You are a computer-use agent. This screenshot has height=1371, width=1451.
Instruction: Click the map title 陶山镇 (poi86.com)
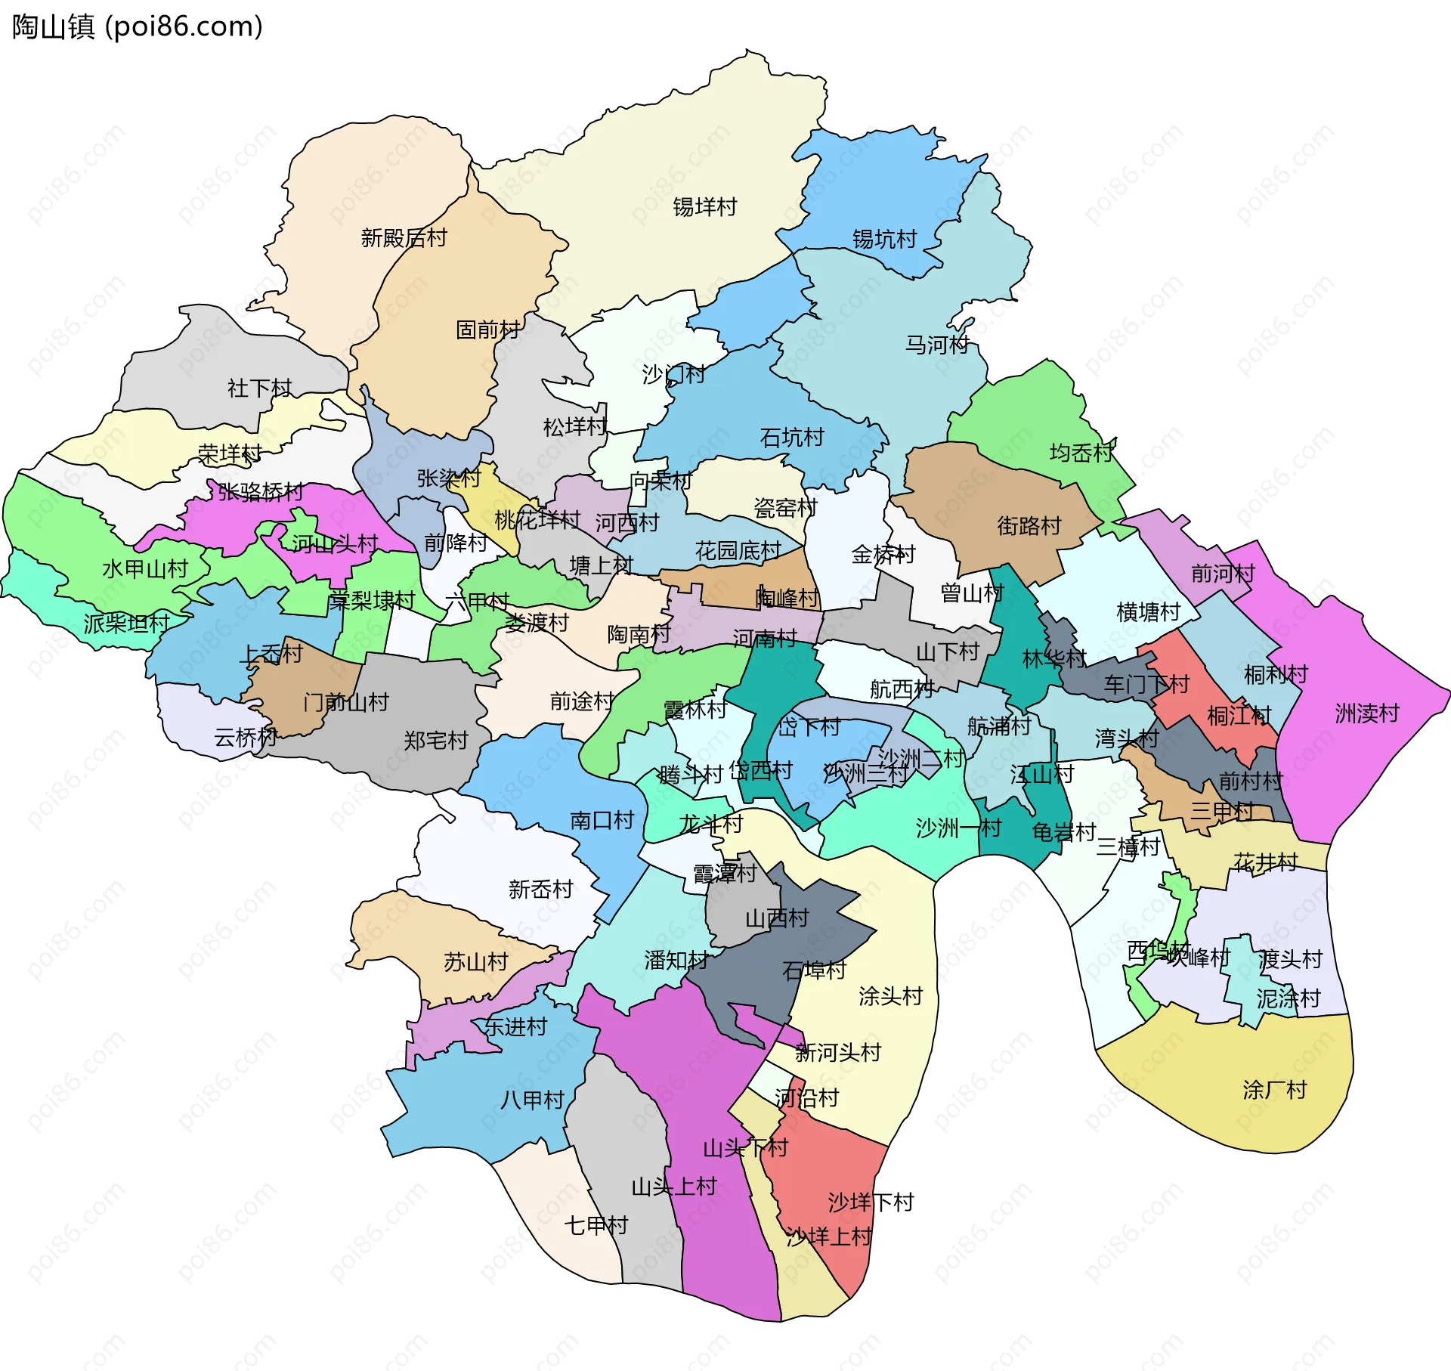138,27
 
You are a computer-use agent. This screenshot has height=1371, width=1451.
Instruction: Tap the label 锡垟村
704,206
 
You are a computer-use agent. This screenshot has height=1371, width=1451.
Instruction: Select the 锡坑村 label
884,239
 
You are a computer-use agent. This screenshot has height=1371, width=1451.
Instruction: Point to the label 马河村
937,345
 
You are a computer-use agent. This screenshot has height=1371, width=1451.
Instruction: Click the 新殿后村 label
404,238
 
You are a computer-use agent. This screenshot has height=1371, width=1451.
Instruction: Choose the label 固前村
487,330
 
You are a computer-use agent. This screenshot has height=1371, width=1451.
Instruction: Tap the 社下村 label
259,388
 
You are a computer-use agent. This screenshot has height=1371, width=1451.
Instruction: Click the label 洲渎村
1366,713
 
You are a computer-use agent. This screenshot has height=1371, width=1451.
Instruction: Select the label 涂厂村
1274,1090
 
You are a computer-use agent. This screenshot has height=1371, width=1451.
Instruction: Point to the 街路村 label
1029,525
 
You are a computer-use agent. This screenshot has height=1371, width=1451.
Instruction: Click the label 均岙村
1081,453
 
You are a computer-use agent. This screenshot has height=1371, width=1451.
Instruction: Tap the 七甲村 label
596,1225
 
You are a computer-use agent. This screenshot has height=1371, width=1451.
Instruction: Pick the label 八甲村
532,1100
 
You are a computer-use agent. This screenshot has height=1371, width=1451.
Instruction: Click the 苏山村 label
475,962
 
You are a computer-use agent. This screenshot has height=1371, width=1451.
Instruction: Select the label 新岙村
540,889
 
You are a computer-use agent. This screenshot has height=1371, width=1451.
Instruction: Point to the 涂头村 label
890,996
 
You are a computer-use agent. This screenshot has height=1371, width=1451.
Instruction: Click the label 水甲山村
144,569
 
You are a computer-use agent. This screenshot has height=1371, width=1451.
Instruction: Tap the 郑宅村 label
435,740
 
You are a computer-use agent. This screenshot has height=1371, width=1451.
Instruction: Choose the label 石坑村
791,437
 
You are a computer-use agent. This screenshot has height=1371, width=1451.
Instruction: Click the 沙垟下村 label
871,1202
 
